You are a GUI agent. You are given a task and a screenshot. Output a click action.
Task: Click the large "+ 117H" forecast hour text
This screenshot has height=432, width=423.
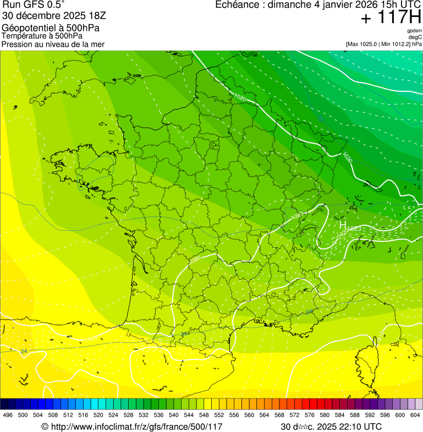[x=391, y=18]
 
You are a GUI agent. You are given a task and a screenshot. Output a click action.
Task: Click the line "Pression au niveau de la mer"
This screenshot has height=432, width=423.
[x=53, y=44]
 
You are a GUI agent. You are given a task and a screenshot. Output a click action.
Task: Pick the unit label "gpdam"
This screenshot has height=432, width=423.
[x=414, y=31]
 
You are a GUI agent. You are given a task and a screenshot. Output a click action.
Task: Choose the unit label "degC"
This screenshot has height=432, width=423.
[x=415, y=37]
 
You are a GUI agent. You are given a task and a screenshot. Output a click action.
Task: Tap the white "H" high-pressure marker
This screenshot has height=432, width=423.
[x=342, y=225]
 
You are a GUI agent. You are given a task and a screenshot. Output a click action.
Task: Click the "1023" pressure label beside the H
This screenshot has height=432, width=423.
[x=354, y=228]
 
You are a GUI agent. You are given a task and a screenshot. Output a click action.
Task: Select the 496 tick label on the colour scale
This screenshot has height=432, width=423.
[x=8, y=416]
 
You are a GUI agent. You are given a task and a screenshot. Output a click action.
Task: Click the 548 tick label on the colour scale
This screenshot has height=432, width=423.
[x=204, y=416]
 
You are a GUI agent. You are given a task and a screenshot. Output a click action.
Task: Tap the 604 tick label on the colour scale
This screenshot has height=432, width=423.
[x=415, y=416]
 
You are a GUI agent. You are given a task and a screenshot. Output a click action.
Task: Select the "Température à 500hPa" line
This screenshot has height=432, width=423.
[x=42, y=36]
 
